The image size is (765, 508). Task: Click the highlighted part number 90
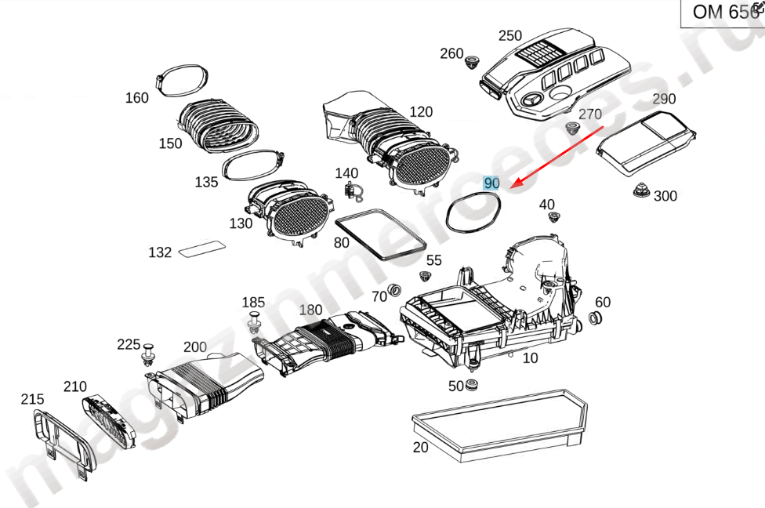pyautogui.click(x=491, y=183)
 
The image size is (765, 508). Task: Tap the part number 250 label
pyautogui.click(x=509, y=35)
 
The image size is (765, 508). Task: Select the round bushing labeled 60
pyautogui.click(x=595, y=318)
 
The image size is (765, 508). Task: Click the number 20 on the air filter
pyautogui.click(x=421, y=448)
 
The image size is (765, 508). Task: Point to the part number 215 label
pyautogui.click(x=32, y=399)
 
